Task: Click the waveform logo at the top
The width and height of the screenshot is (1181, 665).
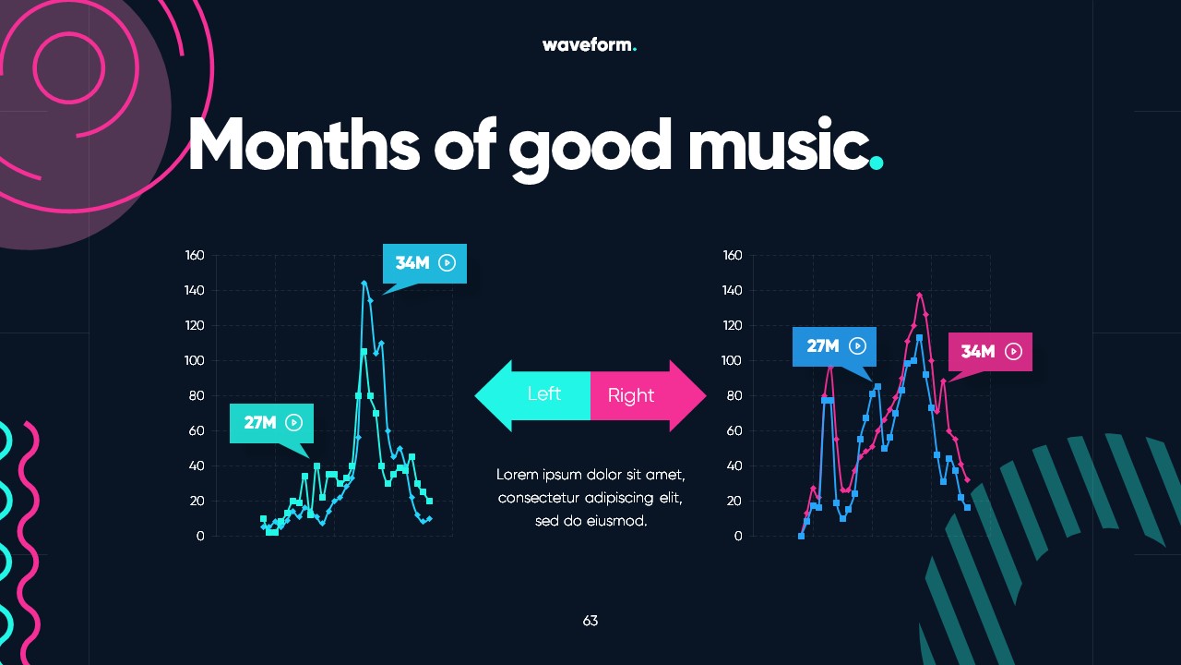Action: click(589, 44)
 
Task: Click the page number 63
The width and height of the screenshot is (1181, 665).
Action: click(590, 621)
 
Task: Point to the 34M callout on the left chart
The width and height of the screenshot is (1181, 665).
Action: click(424, 263)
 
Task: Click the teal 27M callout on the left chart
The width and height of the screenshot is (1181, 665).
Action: click(271, 423)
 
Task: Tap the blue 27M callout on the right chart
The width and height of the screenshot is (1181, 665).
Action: click(834, 346)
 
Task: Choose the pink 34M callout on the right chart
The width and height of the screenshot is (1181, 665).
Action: click(990, 352)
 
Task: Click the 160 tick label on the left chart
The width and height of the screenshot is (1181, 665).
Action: click(195, 255)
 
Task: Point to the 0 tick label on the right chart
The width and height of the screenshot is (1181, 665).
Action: click(737, 536)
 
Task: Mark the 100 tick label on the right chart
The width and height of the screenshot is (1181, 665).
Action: click(732, 360)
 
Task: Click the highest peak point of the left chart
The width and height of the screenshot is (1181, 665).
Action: click(364, 283)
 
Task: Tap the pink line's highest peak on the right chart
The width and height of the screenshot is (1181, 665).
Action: click(920, 295)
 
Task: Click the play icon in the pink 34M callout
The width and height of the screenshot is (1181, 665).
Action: click(1013, 352)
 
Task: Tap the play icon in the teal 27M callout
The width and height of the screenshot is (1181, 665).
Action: click(294, 423)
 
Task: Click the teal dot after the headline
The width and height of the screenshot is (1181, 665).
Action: click(877, 163)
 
